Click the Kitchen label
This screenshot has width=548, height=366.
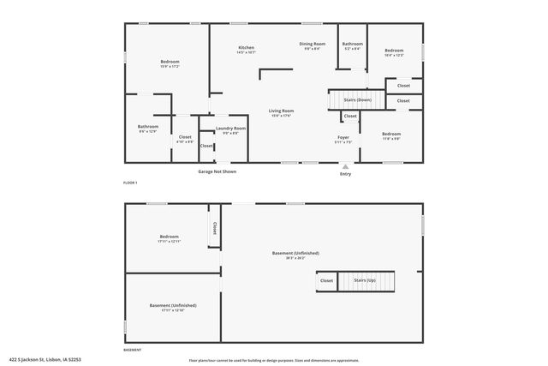(247, 48)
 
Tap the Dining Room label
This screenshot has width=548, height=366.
(312, 44)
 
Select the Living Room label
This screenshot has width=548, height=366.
(281, 111)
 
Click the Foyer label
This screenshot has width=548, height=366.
(342, 137)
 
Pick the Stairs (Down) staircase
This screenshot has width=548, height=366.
(348, 100)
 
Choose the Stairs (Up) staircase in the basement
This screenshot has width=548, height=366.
(368, 280)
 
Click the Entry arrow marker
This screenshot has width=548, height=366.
(345, 166)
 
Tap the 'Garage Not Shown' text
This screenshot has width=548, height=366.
(217, 171)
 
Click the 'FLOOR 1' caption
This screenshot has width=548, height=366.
(130, 183)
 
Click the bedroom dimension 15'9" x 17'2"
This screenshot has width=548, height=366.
(170, 66)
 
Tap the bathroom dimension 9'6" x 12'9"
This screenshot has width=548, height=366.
(148, 131)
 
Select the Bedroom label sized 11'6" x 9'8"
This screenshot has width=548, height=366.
(391, 135)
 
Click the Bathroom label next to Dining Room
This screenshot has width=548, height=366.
(353, 44)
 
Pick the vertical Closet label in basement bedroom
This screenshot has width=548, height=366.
(214, 229)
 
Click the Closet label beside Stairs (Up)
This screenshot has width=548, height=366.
(326, 280)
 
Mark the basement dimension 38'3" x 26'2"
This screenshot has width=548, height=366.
(295, 258)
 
